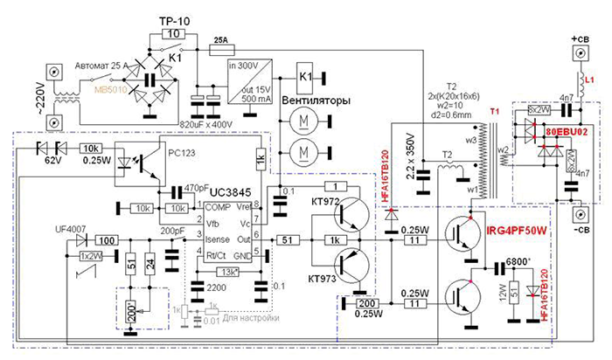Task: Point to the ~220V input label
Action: (26, 93)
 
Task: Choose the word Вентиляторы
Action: (316, 100)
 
